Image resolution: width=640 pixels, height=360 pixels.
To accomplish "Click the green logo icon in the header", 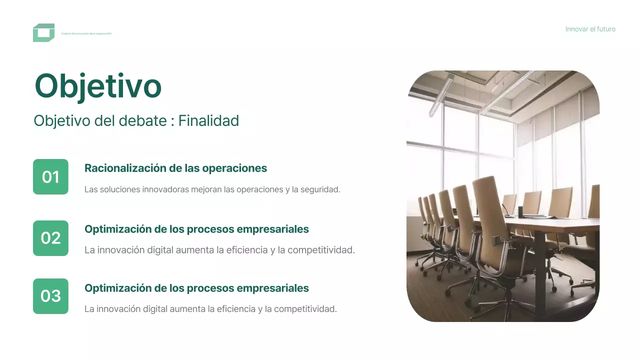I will (x=43, y=32).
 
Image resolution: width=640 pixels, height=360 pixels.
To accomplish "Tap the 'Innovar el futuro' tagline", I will (x=590, y=29).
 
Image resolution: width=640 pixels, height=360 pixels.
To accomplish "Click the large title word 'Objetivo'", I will (x=98, y=86).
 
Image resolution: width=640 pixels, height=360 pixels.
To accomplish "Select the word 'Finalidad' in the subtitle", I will (x=208, y=120).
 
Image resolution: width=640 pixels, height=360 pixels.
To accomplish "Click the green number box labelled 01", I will (x=50, y=176).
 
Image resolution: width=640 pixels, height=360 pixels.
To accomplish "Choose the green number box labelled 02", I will (x=50, y=238).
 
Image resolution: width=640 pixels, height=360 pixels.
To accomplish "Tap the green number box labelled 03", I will (x=50, y=296).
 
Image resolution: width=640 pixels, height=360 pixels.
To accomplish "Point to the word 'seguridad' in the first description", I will (x=318, y=189).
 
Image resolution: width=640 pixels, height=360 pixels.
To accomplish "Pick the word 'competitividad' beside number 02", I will (x=323, y=250).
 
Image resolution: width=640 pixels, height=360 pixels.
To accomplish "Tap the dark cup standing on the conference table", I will (x=519, y=211).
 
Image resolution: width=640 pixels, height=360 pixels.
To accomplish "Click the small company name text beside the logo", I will (x=86, y=33).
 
